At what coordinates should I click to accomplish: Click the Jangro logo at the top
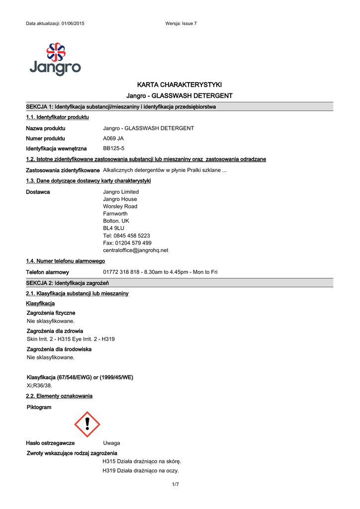tap(55, 59)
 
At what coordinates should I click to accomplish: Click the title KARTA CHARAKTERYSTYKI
tap(179, 85)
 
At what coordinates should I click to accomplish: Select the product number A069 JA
tap(113, 139)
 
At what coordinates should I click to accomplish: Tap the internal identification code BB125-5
tap(113, 149)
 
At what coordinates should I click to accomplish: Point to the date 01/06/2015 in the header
tap(73, 24)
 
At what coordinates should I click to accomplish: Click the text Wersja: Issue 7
tap(180, 24)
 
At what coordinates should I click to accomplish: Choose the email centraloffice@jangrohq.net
tap(135, 250)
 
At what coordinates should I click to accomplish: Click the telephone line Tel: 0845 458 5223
tap(126, 236)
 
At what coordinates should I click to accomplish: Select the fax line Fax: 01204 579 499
tap(127, 243)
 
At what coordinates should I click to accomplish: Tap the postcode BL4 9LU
tap(113, 228)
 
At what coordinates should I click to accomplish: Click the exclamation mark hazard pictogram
tap(87, 424)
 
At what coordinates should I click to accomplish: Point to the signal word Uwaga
tap(111, 443)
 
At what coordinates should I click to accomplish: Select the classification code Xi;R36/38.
tap(39, 385)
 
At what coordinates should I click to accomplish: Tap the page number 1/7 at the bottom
tap(175, 485)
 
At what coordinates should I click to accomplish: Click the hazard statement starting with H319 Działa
tap(141, 471)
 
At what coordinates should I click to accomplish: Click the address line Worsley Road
tap(120, 206)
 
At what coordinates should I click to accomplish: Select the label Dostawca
tap(38, 192)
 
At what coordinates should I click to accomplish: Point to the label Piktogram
tap(39, 407)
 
